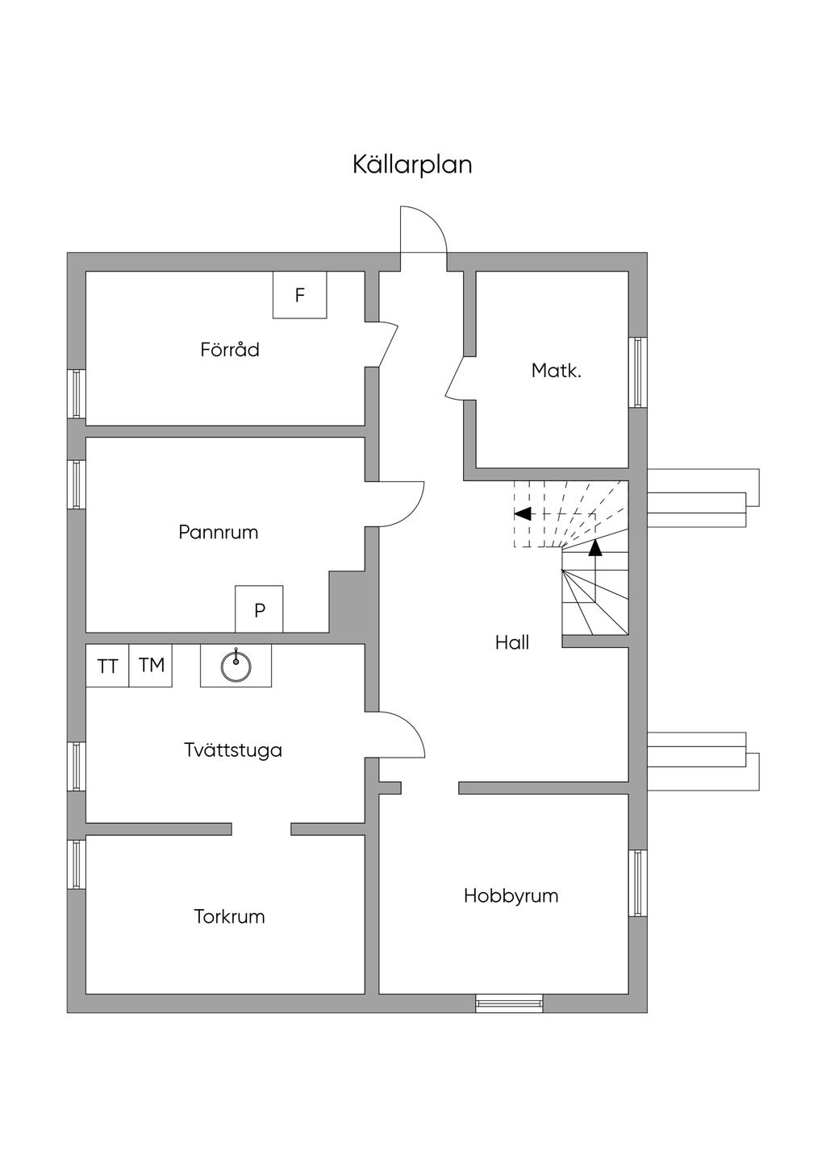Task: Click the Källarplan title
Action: [x=412, y=165]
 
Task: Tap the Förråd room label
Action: [x=230, y=350]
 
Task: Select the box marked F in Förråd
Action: [x=299, y=295]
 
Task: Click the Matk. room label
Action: [x=556, y=371]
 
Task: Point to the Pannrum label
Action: [x=218, y=532]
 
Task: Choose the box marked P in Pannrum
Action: [x=259, y=610]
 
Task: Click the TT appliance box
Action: [x=107, y=666]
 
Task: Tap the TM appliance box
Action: [x=151, y=665]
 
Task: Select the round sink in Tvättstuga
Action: [x=236, y=666]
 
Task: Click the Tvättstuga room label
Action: [x=232, y=750]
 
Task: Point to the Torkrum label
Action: [x=229, y=916]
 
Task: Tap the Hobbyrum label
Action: [x=511, y=895]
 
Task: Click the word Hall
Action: [x=512, y=642]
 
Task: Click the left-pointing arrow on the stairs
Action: [x=524, y=513]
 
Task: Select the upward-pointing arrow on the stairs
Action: [x=595, y=549]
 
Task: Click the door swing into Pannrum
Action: [x=399, y=504]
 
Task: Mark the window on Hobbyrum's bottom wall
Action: [x=508, y=1003]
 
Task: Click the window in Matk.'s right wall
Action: [x=638, y=372]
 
